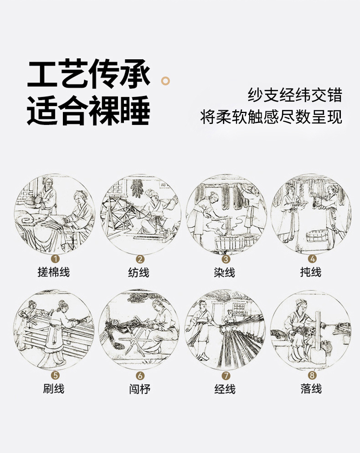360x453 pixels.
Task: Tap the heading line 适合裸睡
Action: (89, 110)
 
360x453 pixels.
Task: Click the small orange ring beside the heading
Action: (165, 81)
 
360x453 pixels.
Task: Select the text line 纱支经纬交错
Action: (295, 95)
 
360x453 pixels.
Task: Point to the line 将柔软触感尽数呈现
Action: (271, 117)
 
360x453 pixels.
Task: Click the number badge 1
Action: (55, 258)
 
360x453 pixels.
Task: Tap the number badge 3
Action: (226, 259)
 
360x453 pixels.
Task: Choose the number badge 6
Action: (140, 376)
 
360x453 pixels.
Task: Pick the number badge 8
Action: (312, 375)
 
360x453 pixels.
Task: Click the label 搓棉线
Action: (54, 272)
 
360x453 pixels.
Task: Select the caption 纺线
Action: (139, 273)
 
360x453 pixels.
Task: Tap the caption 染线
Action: (225, 273)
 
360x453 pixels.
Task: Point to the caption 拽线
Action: (311, 272)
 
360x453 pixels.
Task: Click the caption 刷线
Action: (54, 389)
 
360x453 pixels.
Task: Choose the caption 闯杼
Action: (139, 389)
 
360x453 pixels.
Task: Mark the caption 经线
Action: (225, 389)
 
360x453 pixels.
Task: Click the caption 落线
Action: (311, 389)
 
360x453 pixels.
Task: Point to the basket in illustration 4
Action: (317, 236)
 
